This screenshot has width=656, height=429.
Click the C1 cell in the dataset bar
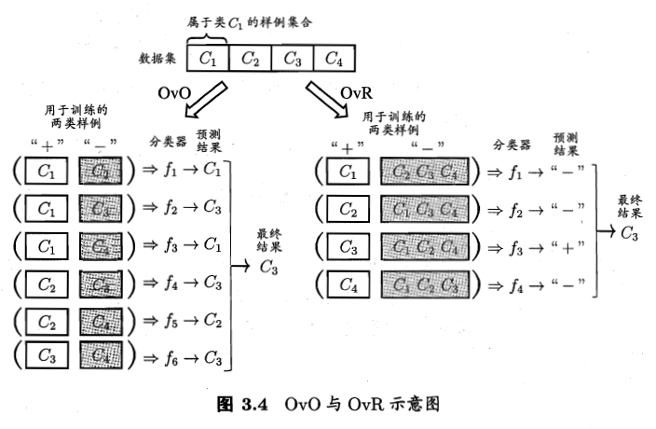[208, 59]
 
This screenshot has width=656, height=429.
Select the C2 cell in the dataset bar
[250, 59]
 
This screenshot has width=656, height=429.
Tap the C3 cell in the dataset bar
[292, 59]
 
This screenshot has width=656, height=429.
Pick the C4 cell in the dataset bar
[333, 59]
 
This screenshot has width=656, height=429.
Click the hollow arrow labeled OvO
[206, 101]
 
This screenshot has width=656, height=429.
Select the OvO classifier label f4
[171, 281]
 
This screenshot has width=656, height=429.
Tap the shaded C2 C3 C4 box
[423, 172]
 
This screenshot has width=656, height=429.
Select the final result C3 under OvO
[268, 268]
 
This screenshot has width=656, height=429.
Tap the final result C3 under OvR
[629, 232]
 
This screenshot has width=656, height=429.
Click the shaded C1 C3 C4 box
[423, 209]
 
